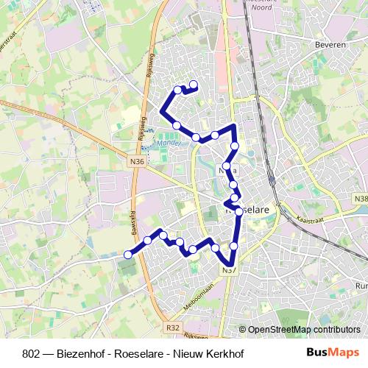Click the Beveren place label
[x=330, y=44]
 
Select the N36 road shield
[x=136, y=163]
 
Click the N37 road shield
[x=228, y=271]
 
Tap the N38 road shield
[x=360, y=198]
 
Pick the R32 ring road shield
[x=172, y=327]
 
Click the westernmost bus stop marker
[x=127, y=255]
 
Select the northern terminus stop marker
[x=194, y=84]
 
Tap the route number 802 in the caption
[x=32, y=352]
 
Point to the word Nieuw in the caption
[x=199, y=352]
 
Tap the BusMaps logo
[x=334, y=352]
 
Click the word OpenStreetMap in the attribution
[x=280, y=330]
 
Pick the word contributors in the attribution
[x=336, y=330]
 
